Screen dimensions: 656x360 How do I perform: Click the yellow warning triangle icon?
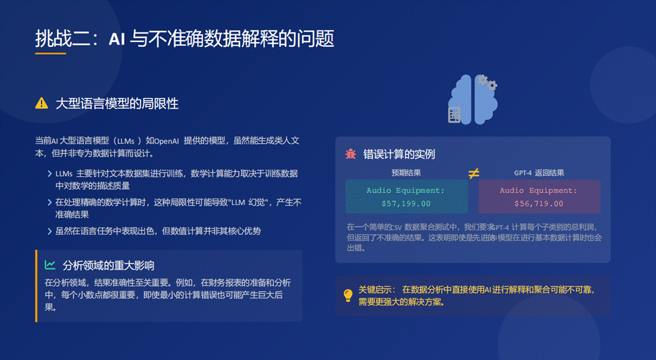pos(42,103)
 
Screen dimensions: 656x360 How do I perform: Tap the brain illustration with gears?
pos(473,100)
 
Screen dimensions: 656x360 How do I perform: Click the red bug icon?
pos(351,154)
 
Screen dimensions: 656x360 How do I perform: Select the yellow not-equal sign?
pos(473,173)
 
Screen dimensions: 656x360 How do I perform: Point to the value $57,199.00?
pos(406,203)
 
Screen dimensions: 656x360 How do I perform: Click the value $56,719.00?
pos(539,203)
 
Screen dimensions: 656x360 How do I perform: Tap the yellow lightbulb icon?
pos(348,295)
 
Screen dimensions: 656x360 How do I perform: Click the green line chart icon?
pos(50,265)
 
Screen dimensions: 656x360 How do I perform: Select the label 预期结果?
pos(406,173)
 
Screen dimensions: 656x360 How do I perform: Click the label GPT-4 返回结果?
pos(539,173)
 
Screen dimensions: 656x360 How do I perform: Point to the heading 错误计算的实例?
pos(399,154)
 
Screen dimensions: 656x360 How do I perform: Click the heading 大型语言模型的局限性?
pos(117,103)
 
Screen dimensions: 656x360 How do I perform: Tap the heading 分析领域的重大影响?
pos(109,265)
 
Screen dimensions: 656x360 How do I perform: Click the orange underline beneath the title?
pos(50,53)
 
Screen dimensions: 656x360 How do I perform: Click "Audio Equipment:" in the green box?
pos(406,190)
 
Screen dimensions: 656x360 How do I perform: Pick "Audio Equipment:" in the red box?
pos(539,190)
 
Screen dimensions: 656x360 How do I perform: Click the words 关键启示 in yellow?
pos(375,289)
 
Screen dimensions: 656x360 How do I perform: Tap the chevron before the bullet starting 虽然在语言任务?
pos(50,231)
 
